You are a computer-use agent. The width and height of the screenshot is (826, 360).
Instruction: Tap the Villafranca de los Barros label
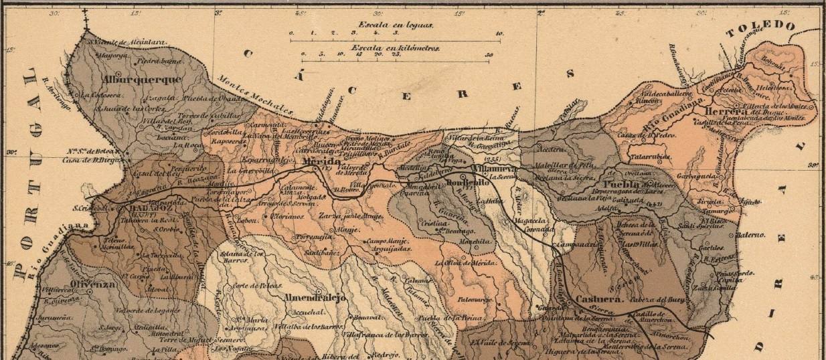(x=385, y=333)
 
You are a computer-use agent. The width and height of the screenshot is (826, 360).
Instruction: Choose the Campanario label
(x=572, y=245)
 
